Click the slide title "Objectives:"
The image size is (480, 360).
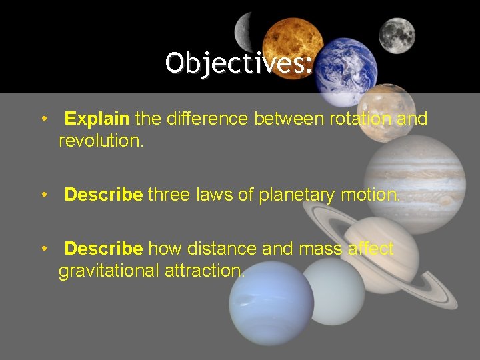239,63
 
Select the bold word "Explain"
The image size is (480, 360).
97,119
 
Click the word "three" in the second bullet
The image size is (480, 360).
169,195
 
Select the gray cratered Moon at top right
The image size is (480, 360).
397,35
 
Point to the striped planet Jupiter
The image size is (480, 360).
415,184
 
